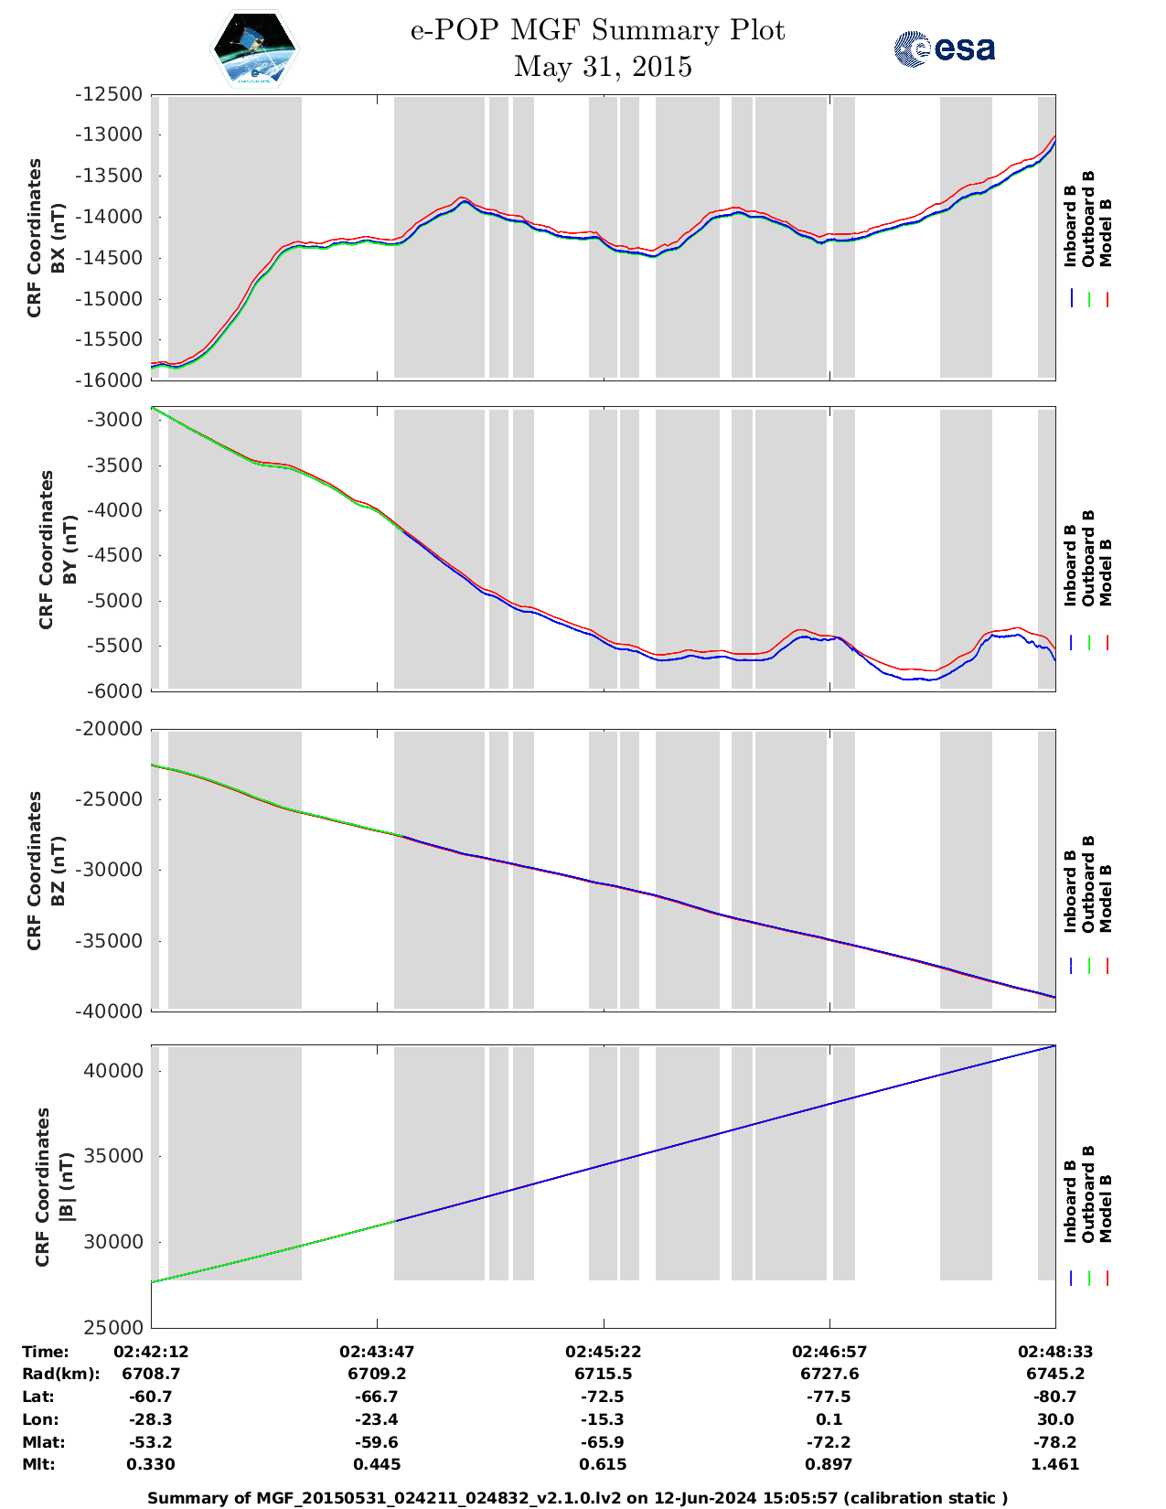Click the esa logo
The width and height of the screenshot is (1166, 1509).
tap(945, 48)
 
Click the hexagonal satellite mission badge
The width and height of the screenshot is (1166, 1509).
tap(255, 48)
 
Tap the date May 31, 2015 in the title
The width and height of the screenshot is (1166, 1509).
tap(603, 67)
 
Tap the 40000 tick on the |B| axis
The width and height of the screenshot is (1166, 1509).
tap(113, 1071)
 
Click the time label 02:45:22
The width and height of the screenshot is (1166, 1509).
tap(603, 1352)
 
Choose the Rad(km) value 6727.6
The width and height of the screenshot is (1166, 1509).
tap(829, 1374)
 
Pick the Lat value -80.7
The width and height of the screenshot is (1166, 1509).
tap(1054, 1397)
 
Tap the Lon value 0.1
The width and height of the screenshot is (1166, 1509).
tap(829, 1419)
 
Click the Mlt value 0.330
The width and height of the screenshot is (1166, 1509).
tap(151, 1464)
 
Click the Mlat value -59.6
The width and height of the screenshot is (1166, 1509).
tap(377, 1442)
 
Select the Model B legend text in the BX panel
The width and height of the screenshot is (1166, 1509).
tap(1106, 232)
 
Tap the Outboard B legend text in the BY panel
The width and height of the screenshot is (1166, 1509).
tap(1088, 558)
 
